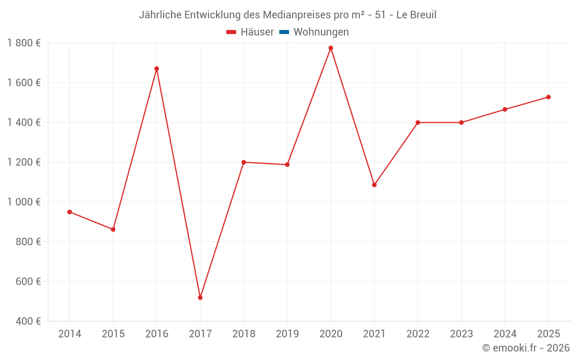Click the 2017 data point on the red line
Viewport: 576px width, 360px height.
point(200,298)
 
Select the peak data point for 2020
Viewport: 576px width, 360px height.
point(331,48)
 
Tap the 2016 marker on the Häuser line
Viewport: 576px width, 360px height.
point(157,69)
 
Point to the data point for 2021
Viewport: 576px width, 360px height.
point(374,185)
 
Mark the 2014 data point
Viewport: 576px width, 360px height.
point(70,212)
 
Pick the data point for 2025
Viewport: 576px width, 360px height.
point(548,97)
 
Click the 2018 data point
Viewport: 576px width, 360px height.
point(244,162)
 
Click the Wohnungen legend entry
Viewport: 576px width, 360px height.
point(321,32)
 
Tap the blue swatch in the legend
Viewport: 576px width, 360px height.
point(284,32)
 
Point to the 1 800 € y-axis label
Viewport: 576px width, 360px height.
point(24,43)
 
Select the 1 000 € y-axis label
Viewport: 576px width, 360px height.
point(24,202)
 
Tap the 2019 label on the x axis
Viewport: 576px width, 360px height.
point(287,334)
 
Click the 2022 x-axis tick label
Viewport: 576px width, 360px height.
point(418,334)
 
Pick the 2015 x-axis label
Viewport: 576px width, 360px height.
point(113,334)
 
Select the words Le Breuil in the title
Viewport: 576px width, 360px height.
point(416,15)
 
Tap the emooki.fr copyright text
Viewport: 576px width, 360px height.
point(526,348)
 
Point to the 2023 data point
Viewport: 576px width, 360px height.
point(461,123)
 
